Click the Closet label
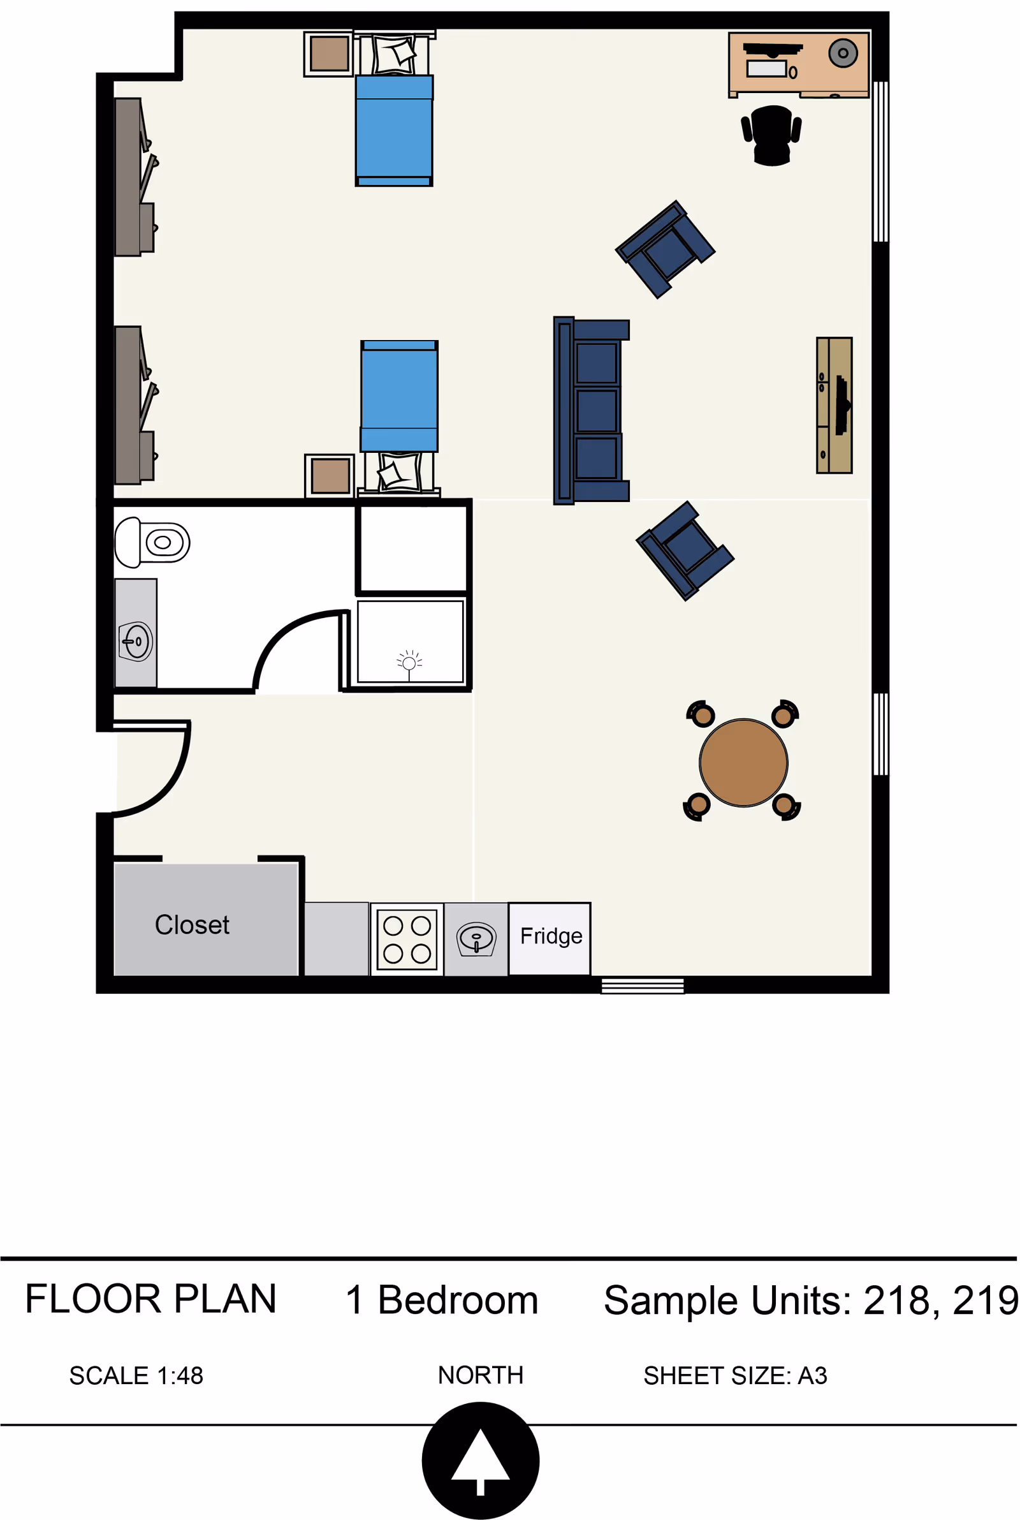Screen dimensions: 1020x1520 point(192,925)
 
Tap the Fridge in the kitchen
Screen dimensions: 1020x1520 point(550,938)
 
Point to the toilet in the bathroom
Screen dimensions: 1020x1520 point(152,542)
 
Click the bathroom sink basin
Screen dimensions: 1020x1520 point(136,642)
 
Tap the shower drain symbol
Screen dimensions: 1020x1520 point(409,663)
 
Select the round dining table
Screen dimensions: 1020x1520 point(743,763)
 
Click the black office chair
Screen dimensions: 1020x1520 point(771,135)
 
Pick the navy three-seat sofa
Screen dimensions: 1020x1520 point(592,411)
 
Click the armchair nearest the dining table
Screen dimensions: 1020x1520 point(685,550)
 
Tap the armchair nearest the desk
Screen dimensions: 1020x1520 point(665,249)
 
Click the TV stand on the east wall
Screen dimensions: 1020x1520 point(834,405)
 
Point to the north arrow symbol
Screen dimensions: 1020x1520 point(481,1461)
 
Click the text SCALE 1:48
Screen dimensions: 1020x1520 point(136,1376)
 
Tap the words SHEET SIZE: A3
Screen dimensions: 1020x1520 point(736,1376)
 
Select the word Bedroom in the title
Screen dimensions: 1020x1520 point(458,1300)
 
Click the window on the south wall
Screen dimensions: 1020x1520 point(643,985)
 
